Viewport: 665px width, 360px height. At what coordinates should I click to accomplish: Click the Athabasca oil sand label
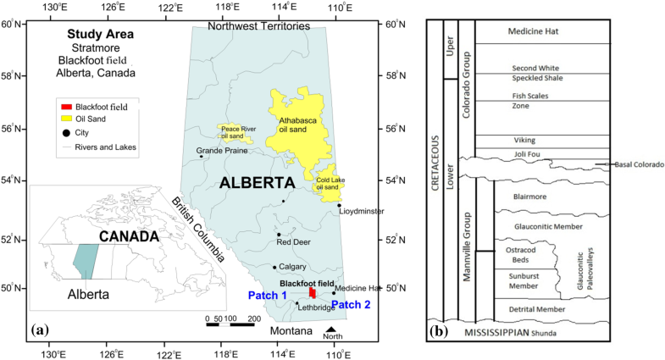click(300, 125)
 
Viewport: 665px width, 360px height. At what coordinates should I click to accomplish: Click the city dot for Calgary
click(274, 267)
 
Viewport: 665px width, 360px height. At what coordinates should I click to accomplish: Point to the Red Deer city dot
click(278, 235)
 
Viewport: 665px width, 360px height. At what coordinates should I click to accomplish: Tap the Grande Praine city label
click(222, 151)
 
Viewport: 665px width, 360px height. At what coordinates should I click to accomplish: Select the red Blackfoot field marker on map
click(312, 292)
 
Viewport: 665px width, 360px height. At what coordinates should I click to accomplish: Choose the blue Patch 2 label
click(351, 303)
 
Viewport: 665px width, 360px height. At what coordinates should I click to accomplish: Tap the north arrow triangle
click(334, 329)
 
